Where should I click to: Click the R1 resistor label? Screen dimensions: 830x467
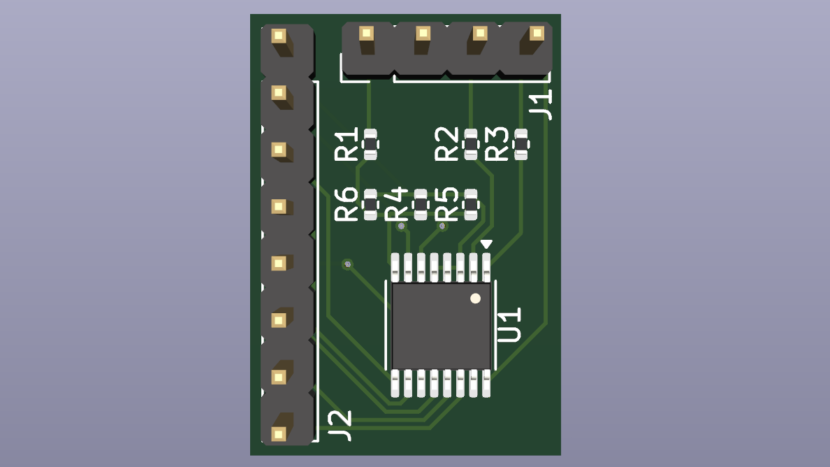(x=347, y=144)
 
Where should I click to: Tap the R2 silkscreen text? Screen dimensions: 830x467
(x=446, y=144)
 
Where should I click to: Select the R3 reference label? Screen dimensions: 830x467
(x=497, y=144)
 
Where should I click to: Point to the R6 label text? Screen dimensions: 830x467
(x=347, y=204)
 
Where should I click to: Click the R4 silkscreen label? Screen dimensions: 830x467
(x=396, y=204)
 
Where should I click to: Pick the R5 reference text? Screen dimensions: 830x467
(x=446, y=204)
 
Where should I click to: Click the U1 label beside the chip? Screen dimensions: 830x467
(x=509, y=325)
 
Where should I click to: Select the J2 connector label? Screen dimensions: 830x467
(x=340, y=425)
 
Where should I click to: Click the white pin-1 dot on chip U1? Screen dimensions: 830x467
(x=475, y=299)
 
